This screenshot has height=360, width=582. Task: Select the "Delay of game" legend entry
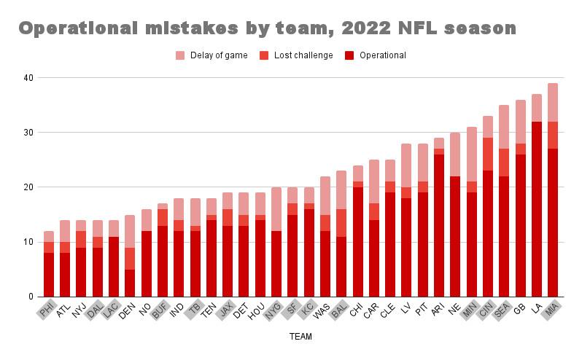[x=212, y=55]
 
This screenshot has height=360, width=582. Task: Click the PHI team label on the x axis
[x=47, y=310]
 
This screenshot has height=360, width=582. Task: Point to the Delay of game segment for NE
[x=455, y=154]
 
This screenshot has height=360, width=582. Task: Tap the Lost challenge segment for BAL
[x=341, y=223]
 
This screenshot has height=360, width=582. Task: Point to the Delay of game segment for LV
[x=406, y=165]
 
